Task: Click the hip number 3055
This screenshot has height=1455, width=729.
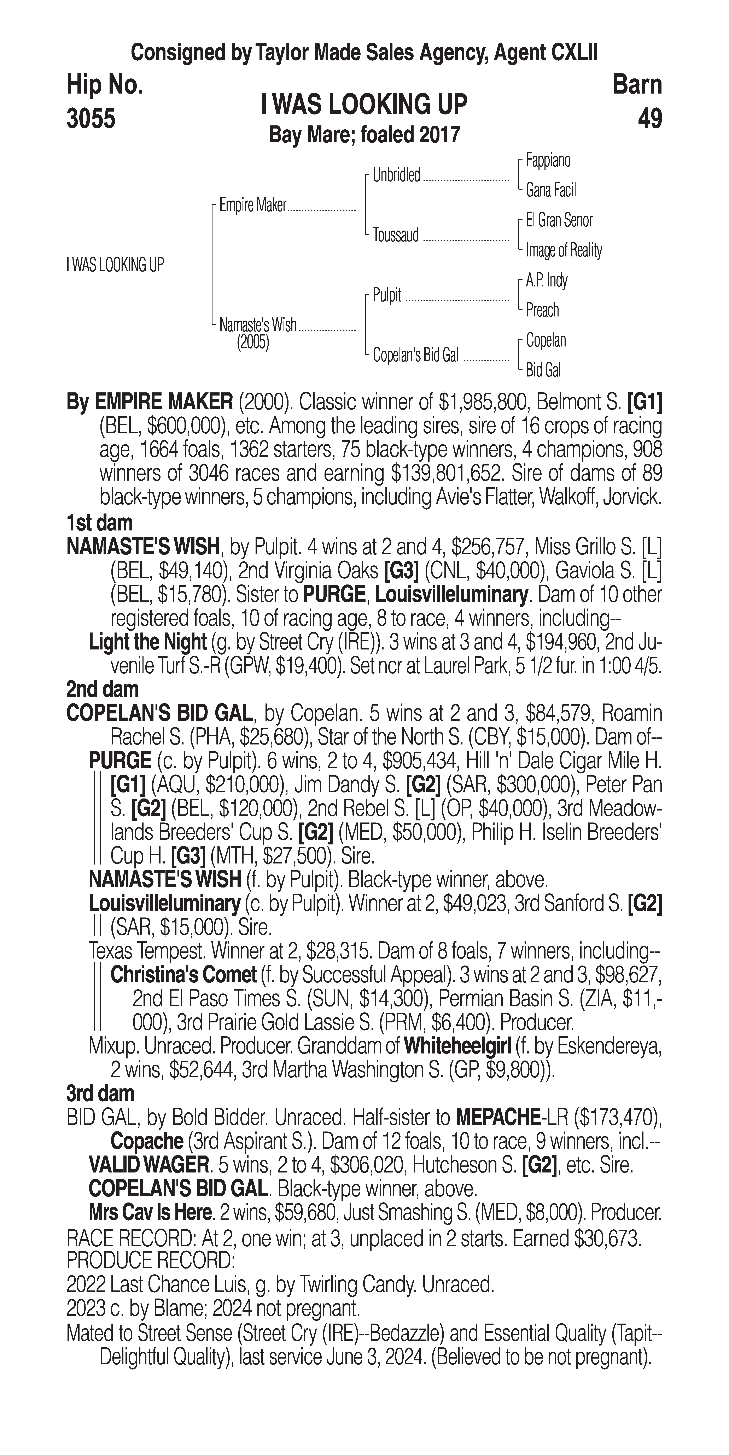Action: (91, 119)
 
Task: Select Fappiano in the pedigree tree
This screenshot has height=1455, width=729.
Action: (548, 160)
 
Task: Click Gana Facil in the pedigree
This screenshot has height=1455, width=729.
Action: (550, 190)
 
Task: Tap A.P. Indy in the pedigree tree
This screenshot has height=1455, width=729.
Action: (547, 280)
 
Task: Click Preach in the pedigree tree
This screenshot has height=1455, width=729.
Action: (542, 310)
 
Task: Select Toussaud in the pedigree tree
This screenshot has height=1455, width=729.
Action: (396, 235)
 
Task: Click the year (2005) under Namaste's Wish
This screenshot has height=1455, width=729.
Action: (253, 342)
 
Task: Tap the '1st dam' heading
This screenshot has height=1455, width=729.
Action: (99, 523)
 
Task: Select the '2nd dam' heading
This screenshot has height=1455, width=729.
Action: (102, 689)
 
